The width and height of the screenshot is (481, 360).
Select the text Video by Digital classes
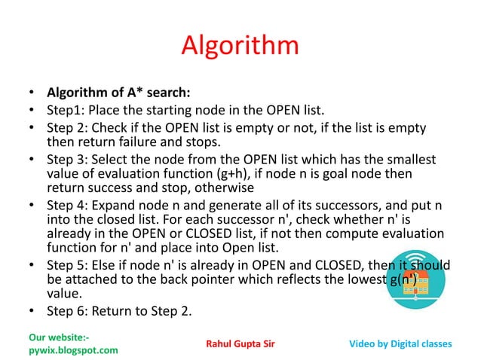tap(401, 344)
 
